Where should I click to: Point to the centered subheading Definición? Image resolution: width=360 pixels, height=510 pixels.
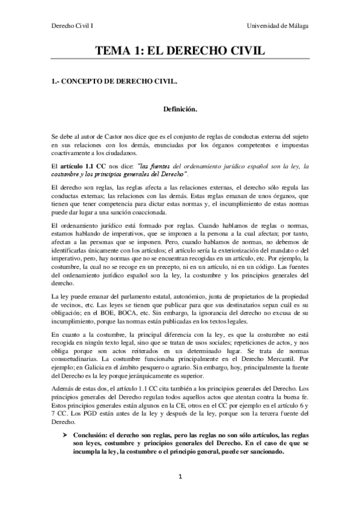[180, 109]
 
